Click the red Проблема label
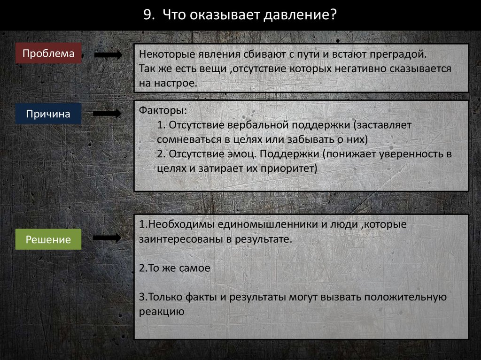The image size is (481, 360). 48,54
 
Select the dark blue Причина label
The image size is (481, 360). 48,114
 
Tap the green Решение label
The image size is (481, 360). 48,240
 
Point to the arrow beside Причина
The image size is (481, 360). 107,114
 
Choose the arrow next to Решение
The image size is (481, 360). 107,238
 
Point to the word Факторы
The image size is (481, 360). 163,112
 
